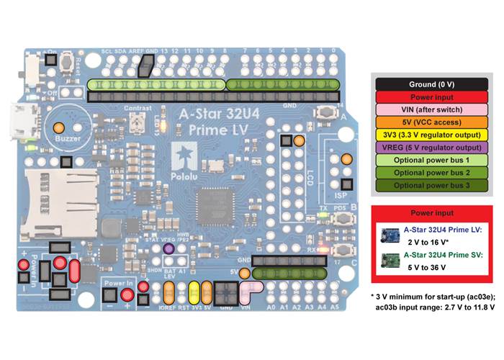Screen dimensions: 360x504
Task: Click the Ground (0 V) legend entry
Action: [x=431, y=84]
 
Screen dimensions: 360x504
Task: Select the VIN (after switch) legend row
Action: [x=431, y=109]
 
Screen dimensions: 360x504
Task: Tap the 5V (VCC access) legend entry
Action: [x=431, y=122]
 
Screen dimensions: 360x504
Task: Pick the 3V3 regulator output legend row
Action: [x=431, y=135]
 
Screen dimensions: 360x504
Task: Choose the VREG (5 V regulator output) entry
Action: [x=431, y=148]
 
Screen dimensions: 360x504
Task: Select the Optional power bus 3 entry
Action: [x=431, y=186]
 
